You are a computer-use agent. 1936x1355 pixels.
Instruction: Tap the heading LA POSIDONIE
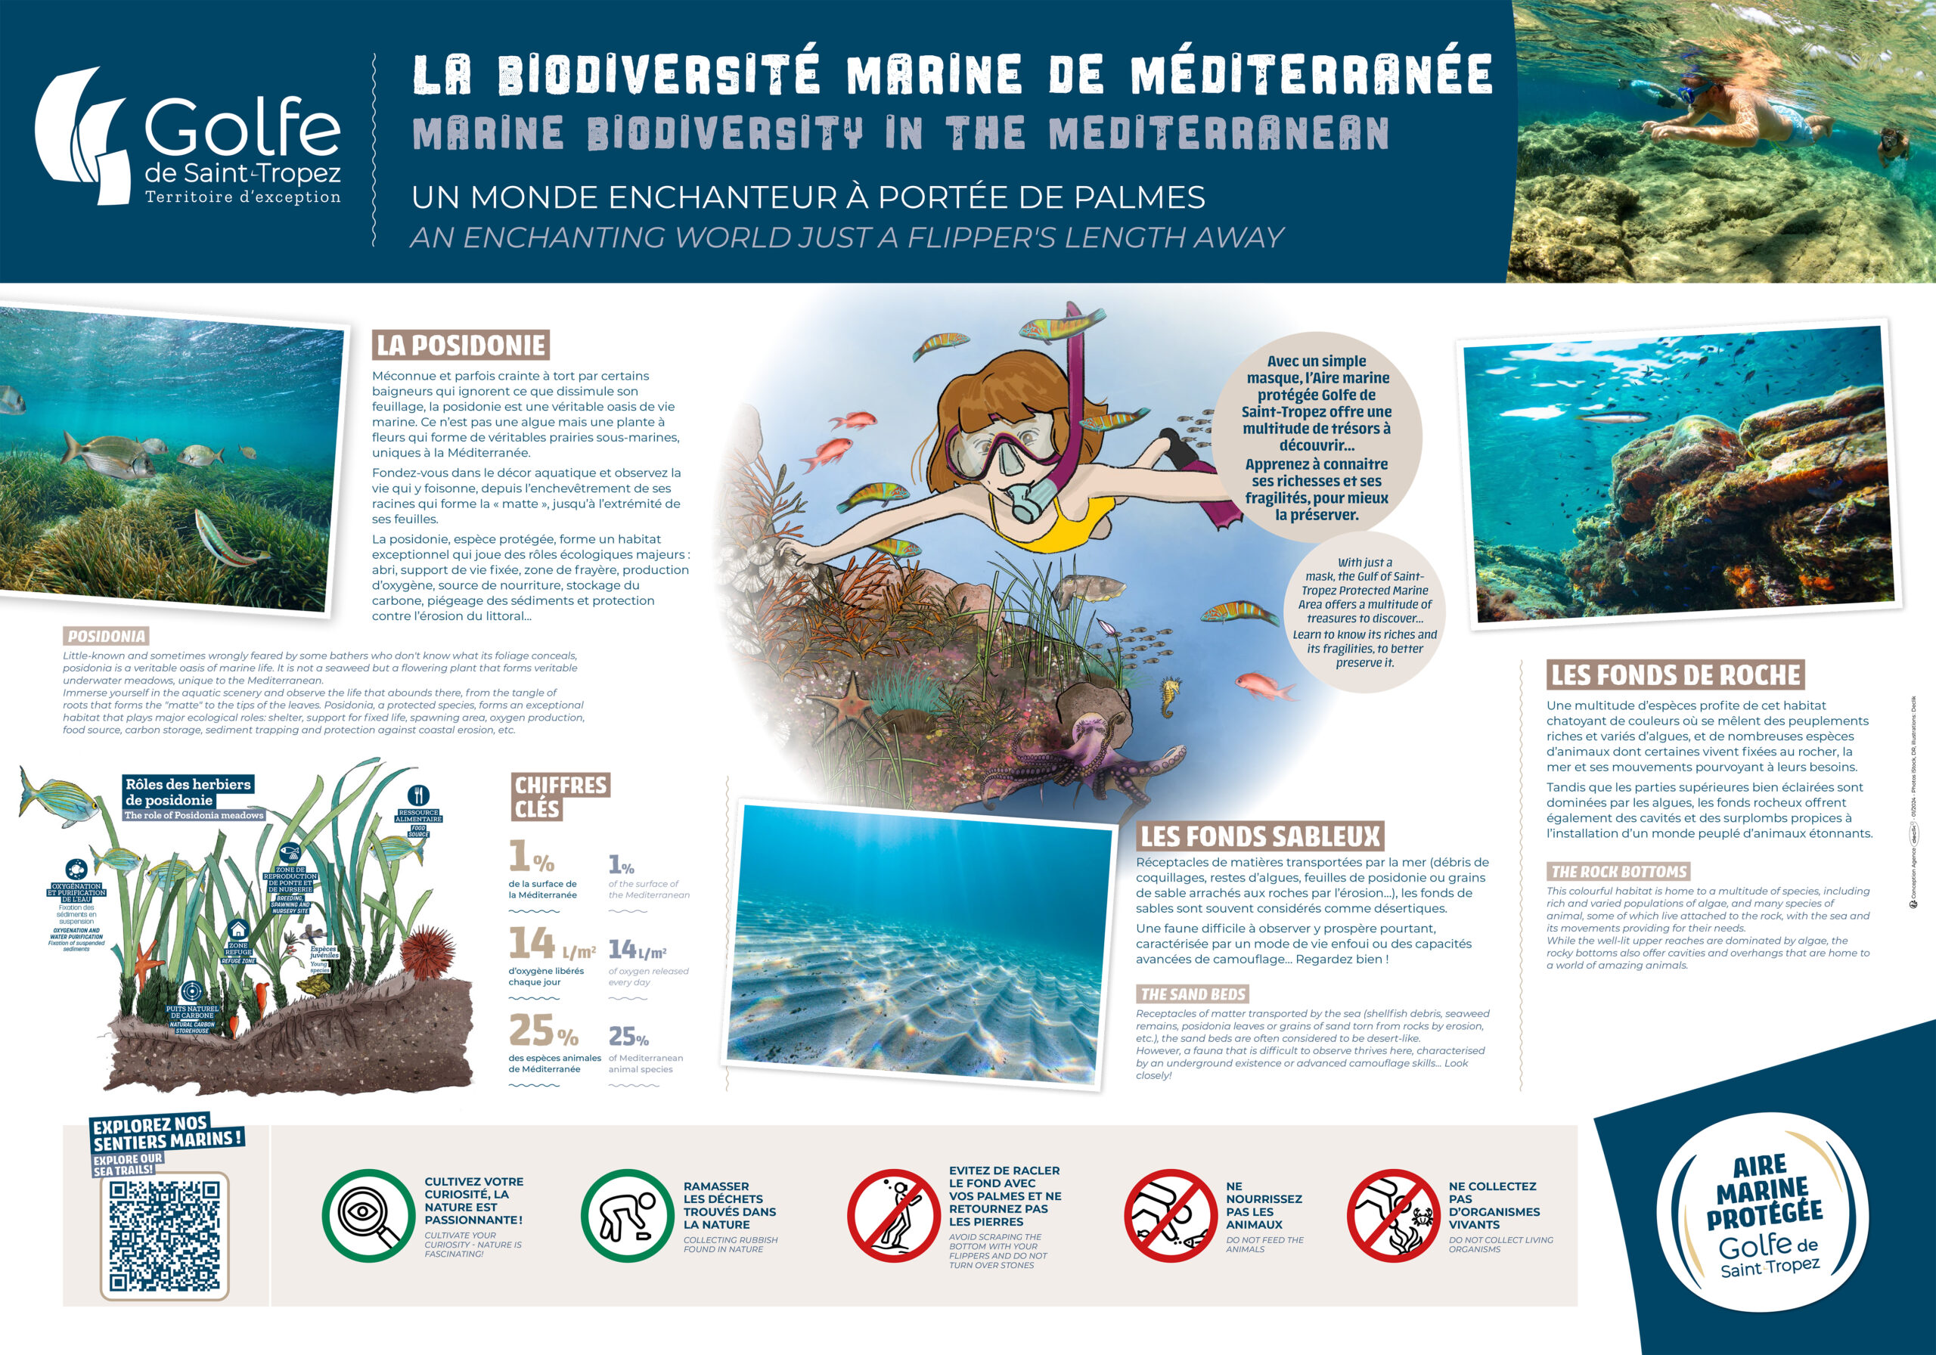[x=461, y=345]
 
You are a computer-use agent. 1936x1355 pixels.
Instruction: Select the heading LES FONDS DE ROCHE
[x=1675, y=674]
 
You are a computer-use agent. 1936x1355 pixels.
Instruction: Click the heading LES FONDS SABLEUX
[x=1260, y=836]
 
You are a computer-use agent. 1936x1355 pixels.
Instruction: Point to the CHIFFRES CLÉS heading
[x=560, y=797]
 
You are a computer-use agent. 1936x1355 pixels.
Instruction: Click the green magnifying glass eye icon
[x=368, y=1215]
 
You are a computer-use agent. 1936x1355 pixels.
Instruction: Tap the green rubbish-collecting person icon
[x=626, y=1215]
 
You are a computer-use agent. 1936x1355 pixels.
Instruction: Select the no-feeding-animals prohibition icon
[x=1169, y=1215]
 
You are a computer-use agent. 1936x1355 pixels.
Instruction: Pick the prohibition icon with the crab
[x=1392, y=1215]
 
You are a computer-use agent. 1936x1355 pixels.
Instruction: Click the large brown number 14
[x=531, y=944]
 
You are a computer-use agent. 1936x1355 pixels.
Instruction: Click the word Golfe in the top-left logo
[x=242, y=126]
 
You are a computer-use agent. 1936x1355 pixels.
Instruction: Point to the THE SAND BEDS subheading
[x=1193, y=994]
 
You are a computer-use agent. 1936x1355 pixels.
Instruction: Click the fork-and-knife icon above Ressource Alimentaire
[x=419, y=794]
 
